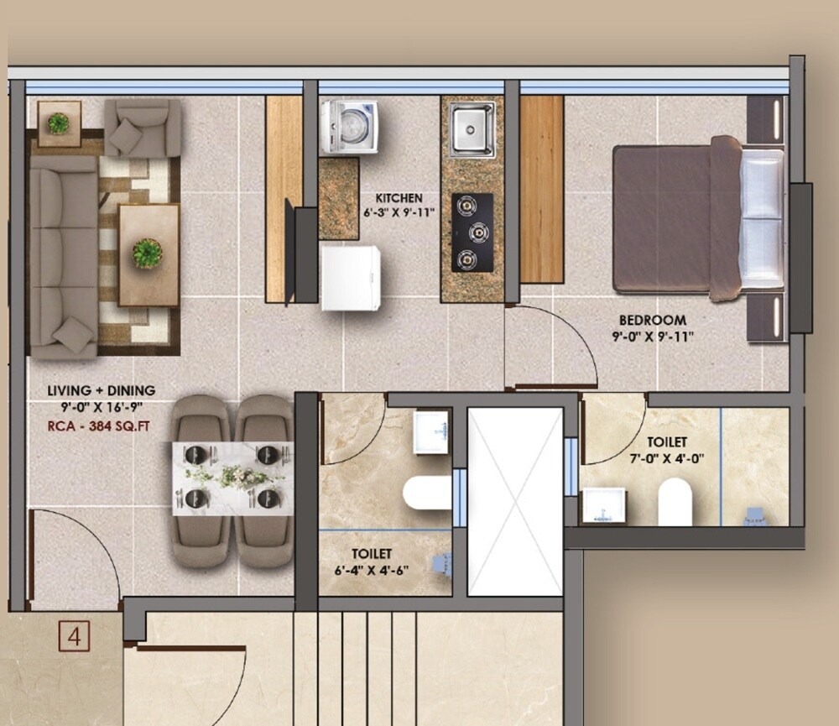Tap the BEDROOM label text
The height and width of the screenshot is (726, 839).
coord(652,320)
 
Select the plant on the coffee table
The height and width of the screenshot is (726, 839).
coord(148,253)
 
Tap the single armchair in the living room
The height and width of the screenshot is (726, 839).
coord(143,128)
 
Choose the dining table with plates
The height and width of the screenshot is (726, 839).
coord(232,478)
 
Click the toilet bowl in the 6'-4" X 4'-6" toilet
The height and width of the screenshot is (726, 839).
coord(426,493)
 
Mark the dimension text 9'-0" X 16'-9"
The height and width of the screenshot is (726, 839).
coord(101,408)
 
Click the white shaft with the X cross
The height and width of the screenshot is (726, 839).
coord(514,501)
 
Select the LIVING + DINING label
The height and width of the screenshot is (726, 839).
coord(101,390)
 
